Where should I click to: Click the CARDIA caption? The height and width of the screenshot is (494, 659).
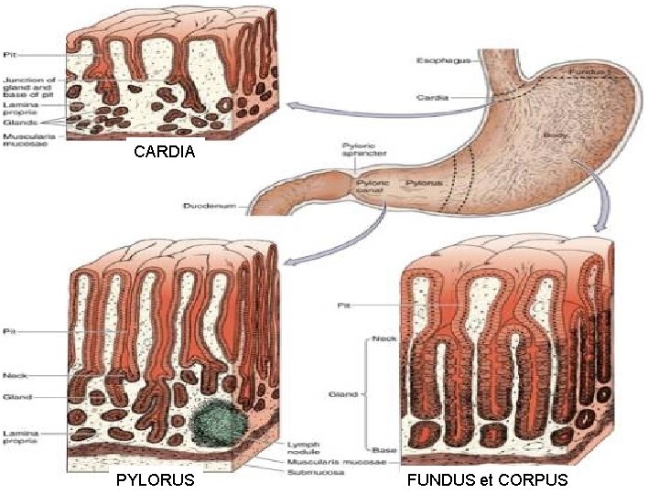[x=164, y=152]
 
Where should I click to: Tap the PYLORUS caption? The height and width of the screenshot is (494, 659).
[x=157, y=479]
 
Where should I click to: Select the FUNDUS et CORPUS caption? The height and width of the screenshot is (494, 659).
[x=487, y=479]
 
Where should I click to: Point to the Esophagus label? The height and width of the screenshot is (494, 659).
[x=443, y=61]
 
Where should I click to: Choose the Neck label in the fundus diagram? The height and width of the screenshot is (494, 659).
[x=384, y=338]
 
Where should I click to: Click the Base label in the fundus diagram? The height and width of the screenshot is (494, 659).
[x=383, y=450]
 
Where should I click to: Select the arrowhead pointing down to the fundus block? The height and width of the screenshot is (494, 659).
[x=600, y=227]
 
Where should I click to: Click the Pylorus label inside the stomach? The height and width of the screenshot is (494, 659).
[x=425, y=183]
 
